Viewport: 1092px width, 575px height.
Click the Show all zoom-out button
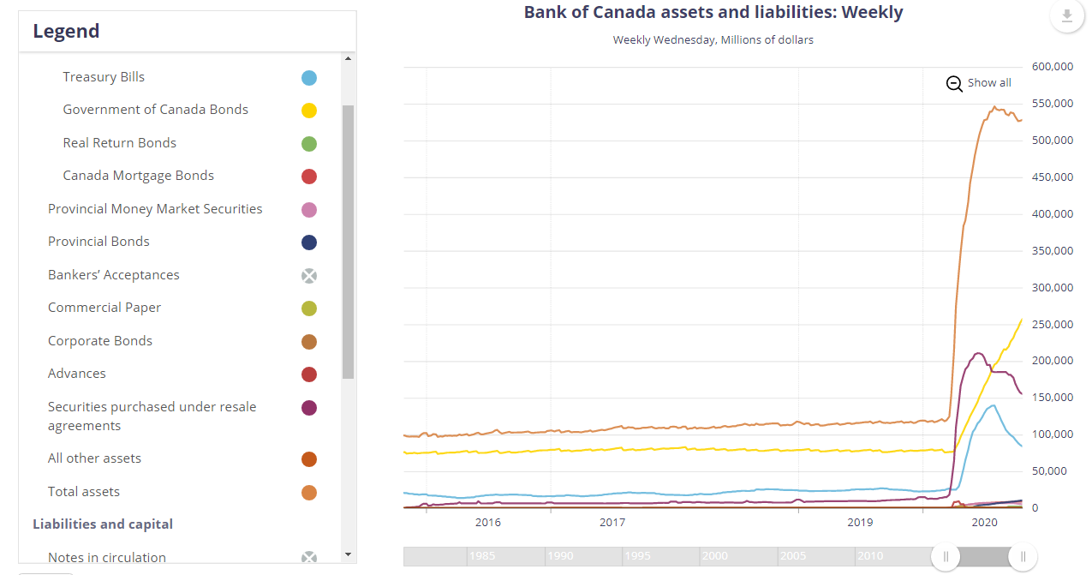tap(979, 83)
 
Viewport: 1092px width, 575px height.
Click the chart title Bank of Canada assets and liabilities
tap(713, 13)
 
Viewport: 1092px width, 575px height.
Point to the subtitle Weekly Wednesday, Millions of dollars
tap(713, 40)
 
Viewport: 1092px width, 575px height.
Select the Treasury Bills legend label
tap(104, 77)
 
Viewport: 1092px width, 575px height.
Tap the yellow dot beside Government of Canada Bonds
tap(309, 111)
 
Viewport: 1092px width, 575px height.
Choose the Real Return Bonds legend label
tap(119, 143)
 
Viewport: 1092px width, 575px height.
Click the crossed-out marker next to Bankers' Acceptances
tap(309, 275)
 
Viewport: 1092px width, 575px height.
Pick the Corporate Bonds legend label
tap(99, 341)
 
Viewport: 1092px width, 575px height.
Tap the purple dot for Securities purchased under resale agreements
tap(309, 408)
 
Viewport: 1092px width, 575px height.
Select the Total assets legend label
tap(83, 492)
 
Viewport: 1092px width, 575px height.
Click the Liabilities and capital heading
tap(102, 524)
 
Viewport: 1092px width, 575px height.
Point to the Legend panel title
tap(66, 32)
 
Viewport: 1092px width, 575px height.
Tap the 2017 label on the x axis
tap(612, 522)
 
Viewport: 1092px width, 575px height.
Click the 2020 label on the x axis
tap(985, 522)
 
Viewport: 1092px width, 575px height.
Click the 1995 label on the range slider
tap(637, 556)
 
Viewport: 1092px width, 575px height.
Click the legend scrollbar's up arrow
tap(348, 58)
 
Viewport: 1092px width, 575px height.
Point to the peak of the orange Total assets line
tap(994, 107)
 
